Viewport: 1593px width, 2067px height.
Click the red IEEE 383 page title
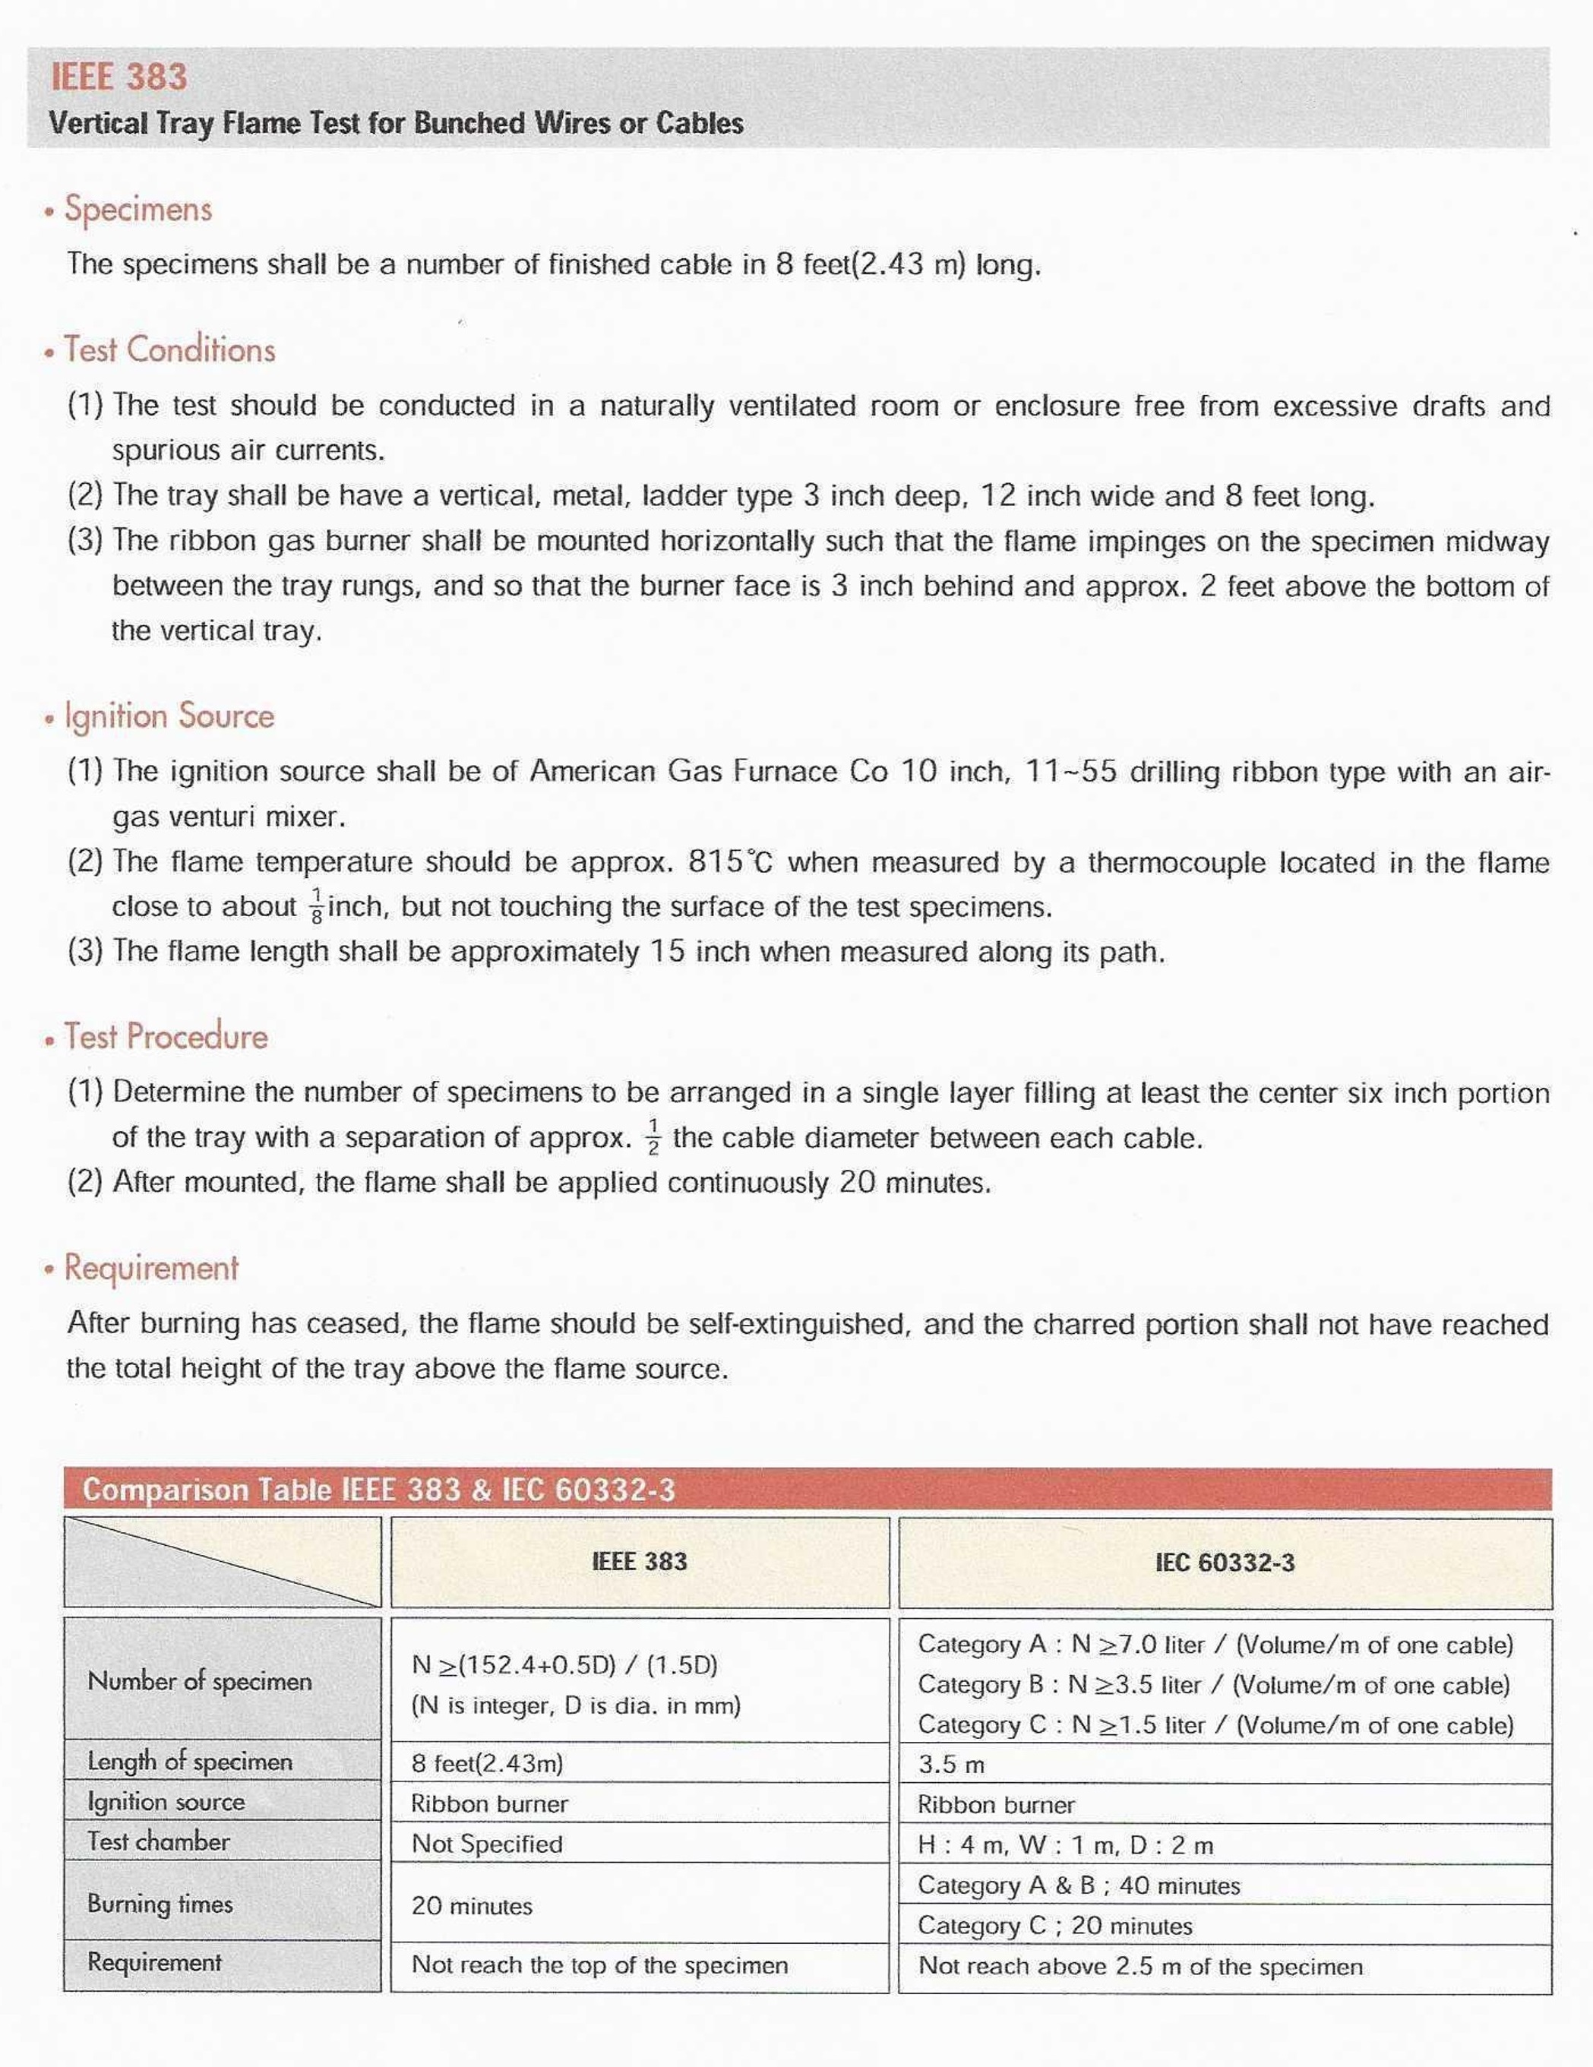click(119, 77)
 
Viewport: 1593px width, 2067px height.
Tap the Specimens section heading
click(138, 209)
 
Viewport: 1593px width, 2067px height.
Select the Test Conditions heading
click(169, 350)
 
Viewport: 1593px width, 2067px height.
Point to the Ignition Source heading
click(169, 716)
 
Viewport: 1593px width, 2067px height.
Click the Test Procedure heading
click(166, 1037)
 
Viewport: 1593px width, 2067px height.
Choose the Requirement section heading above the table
click(151, 1268)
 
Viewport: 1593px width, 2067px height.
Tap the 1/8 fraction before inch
click(316, 907)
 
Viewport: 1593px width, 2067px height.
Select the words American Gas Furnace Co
click(708, 771)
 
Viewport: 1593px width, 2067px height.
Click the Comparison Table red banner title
click(378, 1490)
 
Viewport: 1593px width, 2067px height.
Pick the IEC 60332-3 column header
click(1224, 1563)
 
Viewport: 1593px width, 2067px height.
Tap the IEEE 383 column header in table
click(639, 1562)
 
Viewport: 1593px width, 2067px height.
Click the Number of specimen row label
click(200, 1682)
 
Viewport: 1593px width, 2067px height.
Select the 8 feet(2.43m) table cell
click(486, 1763)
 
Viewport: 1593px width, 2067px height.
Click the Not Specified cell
click(486, 1844)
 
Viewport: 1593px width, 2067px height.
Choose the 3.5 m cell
click(950, 1764)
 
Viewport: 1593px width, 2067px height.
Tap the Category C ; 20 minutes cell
click(1054, 1926)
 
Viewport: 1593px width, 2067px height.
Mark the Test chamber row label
click(158, 1841)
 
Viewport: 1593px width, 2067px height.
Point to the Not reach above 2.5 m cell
click(1139, 1967)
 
